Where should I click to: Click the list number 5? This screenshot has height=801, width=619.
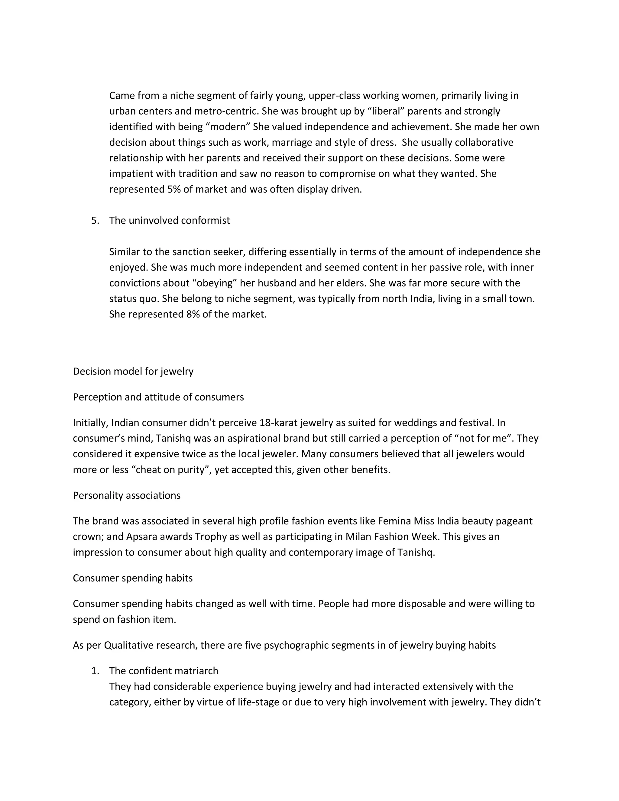point(95,220)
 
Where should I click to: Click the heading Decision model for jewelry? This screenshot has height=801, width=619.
point(133,371)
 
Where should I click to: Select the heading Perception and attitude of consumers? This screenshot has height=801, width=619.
point(158,397)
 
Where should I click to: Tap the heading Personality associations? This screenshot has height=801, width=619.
point(127,495)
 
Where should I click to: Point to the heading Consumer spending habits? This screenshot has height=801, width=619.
point(132,578)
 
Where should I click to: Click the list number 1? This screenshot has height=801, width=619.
point(95,671)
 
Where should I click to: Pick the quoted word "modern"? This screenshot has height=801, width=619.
point(225,127)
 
